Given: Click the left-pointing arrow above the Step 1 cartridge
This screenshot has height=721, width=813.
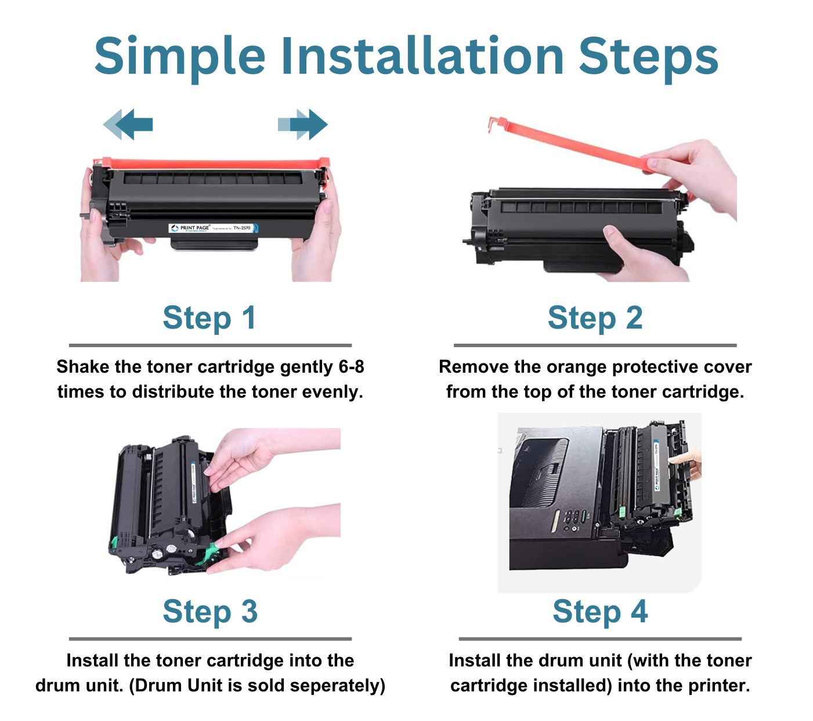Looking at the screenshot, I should [129, 124].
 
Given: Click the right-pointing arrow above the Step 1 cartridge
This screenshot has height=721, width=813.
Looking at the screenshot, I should [303, 124].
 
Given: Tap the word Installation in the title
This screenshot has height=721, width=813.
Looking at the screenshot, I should [422, 56].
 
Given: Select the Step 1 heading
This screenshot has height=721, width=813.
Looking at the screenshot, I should [209, 318].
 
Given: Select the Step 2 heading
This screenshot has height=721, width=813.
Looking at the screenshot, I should [595, 318].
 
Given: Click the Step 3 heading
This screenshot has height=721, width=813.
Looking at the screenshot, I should [209, 612].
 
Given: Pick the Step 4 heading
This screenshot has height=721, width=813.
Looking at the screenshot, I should [599, 612].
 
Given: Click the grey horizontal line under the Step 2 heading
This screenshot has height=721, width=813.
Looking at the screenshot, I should [595, 345].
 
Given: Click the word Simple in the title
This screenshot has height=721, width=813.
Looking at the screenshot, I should [180, 56].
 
